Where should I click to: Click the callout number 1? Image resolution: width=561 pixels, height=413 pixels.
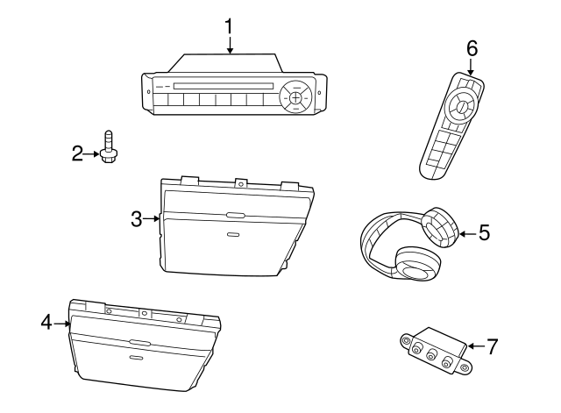click(x=230, y=25)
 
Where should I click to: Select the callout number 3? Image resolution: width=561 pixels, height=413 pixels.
click(x=137, y=220)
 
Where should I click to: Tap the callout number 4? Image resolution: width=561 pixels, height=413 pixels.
click(x=46, y=323)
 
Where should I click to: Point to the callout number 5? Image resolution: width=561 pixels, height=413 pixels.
click(x=484, y=233)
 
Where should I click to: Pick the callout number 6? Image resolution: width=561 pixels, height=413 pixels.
click(x=472, y=48)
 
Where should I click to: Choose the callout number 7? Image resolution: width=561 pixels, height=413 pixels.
click(x=492, y=345)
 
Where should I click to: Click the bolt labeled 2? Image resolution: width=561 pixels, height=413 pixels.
click(x=108, y=149)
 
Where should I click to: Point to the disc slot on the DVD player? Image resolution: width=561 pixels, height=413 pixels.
click(x=219, y=86)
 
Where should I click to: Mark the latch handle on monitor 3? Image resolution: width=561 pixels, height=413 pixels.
click(x=234, y=216)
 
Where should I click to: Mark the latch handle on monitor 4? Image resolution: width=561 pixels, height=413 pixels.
click(x=138, y=342)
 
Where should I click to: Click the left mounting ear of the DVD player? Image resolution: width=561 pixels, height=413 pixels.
click(x=146, y=86)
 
